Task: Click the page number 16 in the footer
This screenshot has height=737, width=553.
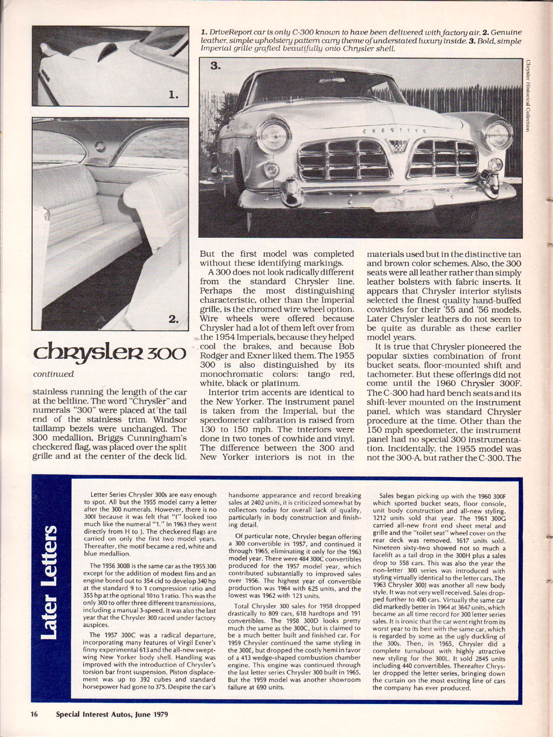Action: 34,714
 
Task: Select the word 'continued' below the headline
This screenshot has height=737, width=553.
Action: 53,374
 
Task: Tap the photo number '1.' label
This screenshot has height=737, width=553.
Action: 173,95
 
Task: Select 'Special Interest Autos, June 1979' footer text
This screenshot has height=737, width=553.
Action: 112,714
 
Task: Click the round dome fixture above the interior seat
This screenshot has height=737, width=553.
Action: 99,146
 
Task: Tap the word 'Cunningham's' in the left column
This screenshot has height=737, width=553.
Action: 158,438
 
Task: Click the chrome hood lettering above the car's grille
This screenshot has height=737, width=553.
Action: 395,130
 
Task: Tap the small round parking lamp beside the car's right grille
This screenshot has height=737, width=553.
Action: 495,164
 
